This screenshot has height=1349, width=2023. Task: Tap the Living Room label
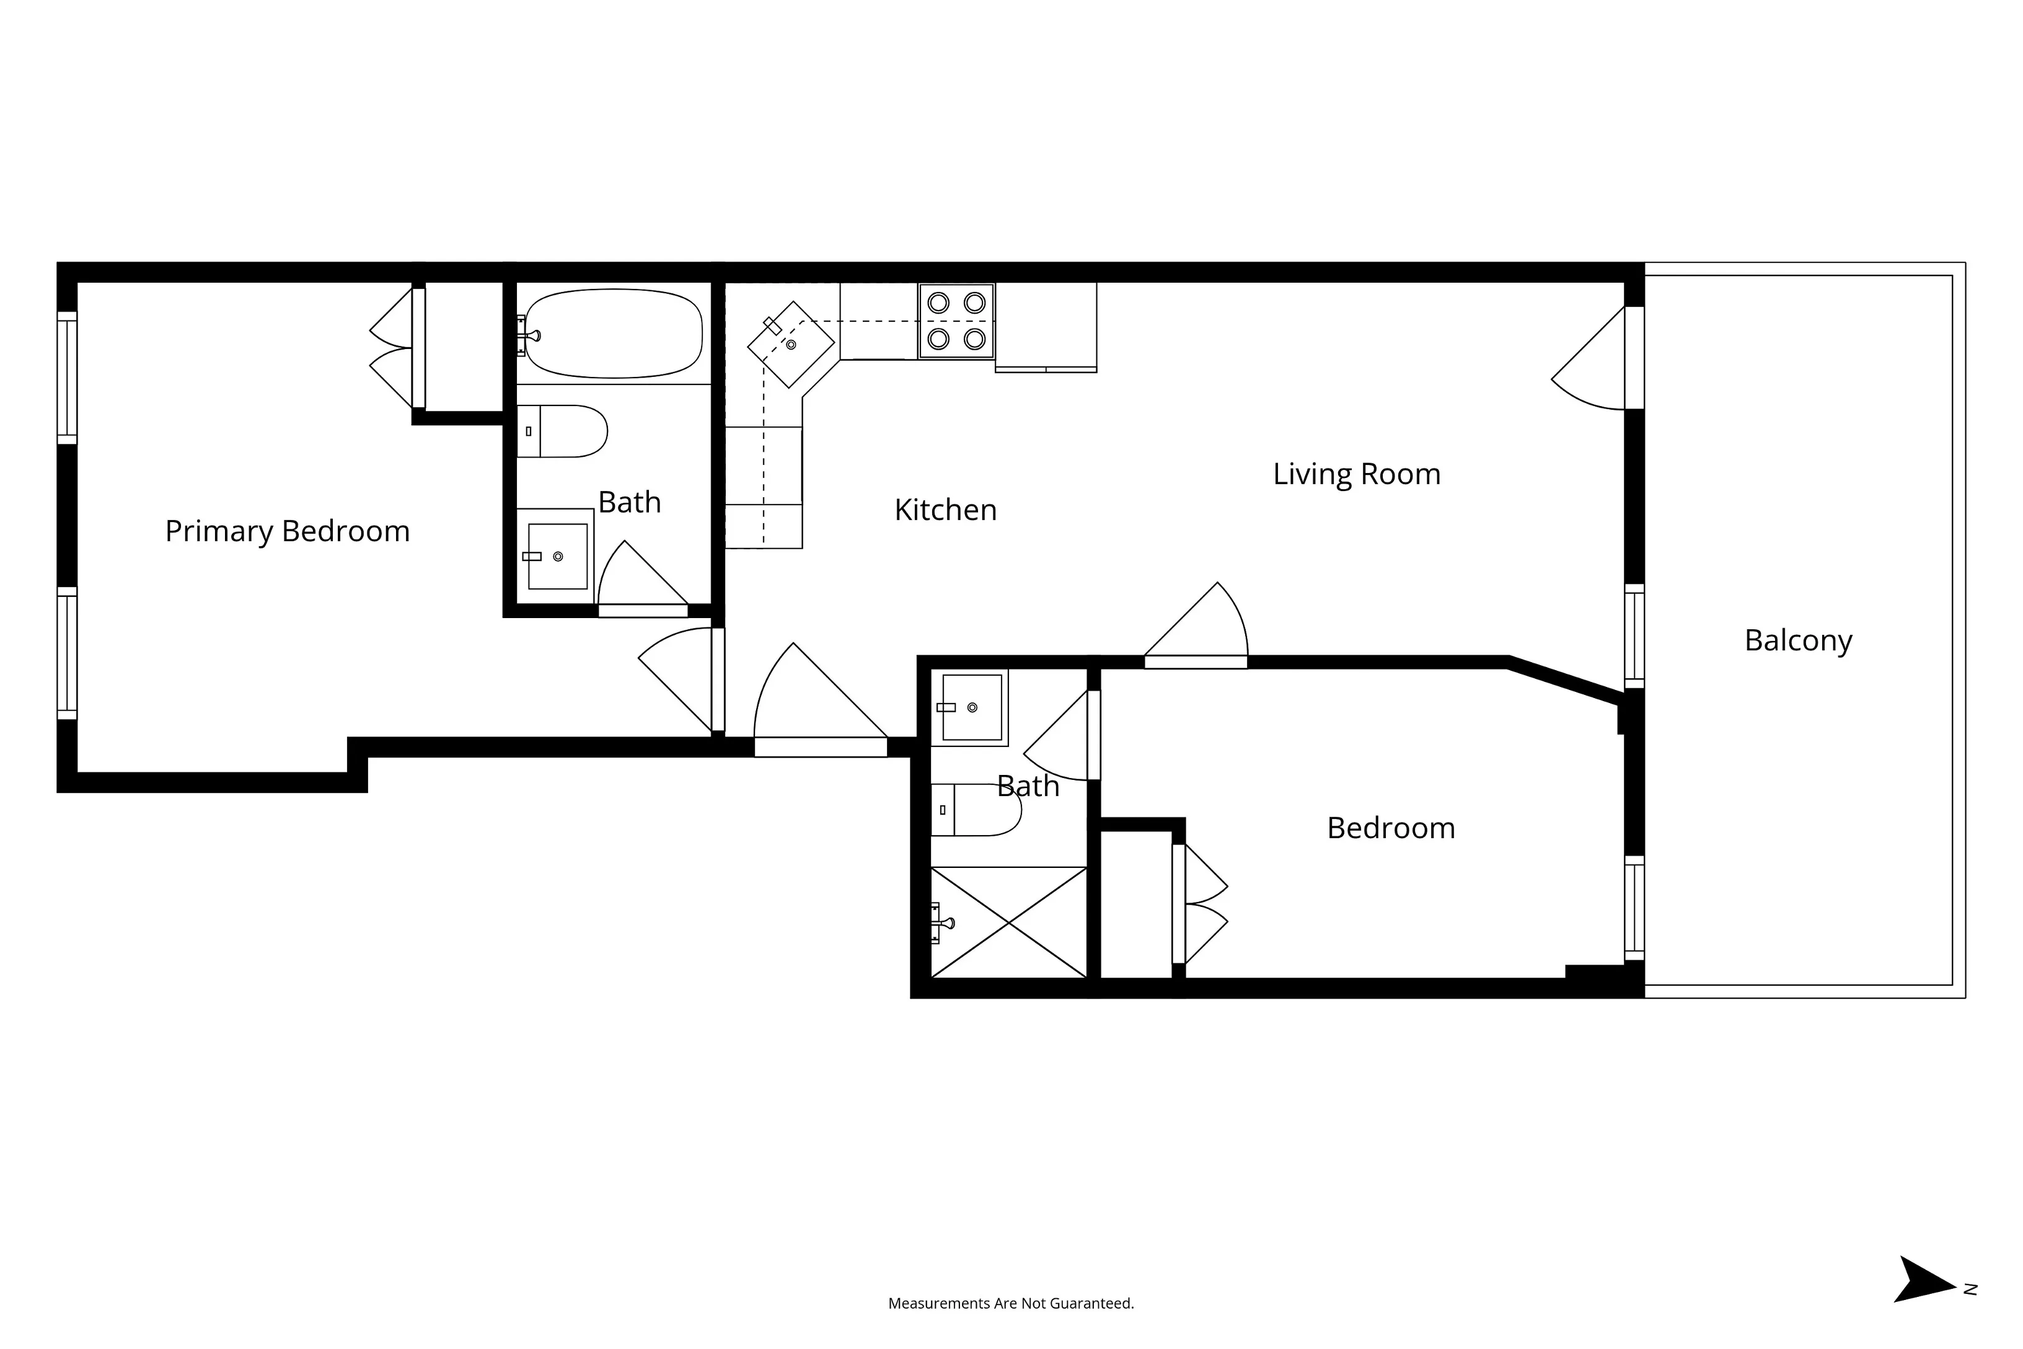pos(1356,474)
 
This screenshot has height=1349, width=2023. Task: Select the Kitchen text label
pos(945,510)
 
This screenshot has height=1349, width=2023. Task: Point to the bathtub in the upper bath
pos(612,334)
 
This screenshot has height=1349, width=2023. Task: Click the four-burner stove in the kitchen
pos(956,321)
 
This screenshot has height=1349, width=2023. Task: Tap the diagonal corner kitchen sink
pos(790,344)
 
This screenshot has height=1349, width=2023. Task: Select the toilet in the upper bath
pos(563,431)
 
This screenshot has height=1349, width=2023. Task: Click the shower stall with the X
pos(1009,922)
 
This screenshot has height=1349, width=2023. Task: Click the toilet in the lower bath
pos(977,810)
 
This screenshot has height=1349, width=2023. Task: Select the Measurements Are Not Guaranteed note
pos(1011,1303)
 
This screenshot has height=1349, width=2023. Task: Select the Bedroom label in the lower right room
pos(1391,828)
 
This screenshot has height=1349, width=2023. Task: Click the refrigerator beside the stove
pos(1046,327)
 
